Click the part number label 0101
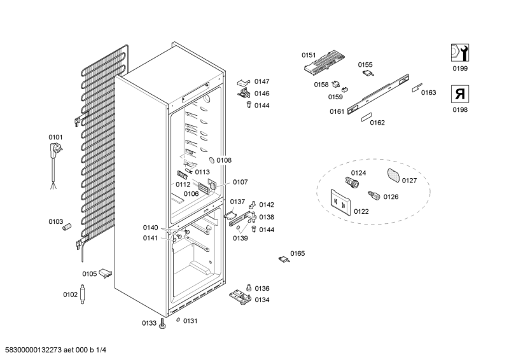[56, 137]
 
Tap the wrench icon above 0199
[458, 53]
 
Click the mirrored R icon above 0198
[459, 95]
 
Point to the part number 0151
[308, 55]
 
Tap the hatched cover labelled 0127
[393, 175]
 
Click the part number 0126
[391, 197]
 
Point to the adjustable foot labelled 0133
[164, 324]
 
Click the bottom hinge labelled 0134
[241, 296]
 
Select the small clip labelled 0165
[282, 258]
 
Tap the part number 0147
[262, 81]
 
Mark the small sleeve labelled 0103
[68, 226]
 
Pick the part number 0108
[223, 161]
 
